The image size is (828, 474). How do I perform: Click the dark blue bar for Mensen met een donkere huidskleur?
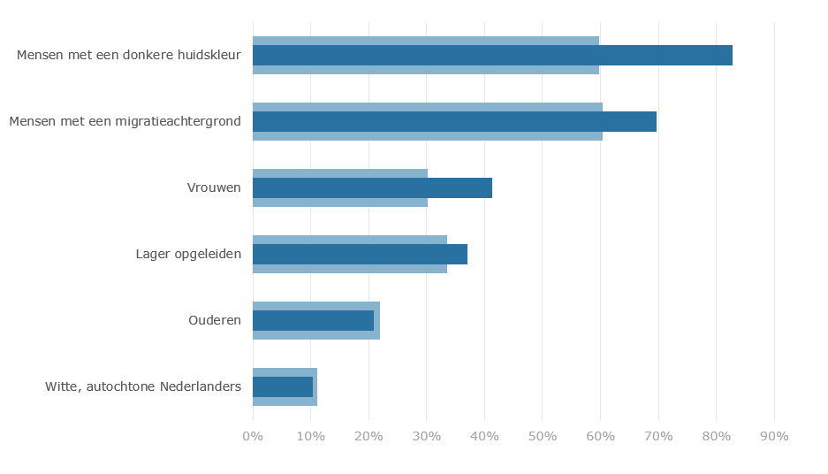pos(492,55)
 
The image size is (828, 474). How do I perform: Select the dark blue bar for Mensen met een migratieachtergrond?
pos(454,121)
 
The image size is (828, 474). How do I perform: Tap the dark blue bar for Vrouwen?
pos(372,187)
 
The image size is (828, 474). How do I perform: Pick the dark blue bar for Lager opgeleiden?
pos(360,254)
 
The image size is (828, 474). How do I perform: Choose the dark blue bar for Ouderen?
pos(313,320)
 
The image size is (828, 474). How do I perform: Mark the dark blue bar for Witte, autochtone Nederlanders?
pos(283,386)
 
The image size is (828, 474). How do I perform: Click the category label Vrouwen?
pos(214,187)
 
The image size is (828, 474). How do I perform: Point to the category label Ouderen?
pos(215,320)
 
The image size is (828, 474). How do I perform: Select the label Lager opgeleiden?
pos(188,254)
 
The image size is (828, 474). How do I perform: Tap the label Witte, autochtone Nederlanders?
pos(143,386)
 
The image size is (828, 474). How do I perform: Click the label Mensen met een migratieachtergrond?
pos(125,121)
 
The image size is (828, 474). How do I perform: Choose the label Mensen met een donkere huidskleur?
pos(129,55)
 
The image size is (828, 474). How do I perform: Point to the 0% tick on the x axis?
pos(253,436)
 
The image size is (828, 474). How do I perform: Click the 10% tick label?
pos(310,436)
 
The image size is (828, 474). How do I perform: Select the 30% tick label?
pos(426,436)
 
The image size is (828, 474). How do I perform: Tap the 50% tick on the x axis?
pos(543,436)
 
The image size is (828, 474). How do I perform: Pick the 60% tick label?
pos(600,436)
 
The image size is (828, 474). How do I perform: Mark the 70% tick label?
pos(658,436)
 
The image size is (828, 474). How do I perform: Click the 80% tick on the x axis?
pos(716,436)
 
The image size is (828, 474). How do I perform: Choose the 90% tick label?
pos(774,436)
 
